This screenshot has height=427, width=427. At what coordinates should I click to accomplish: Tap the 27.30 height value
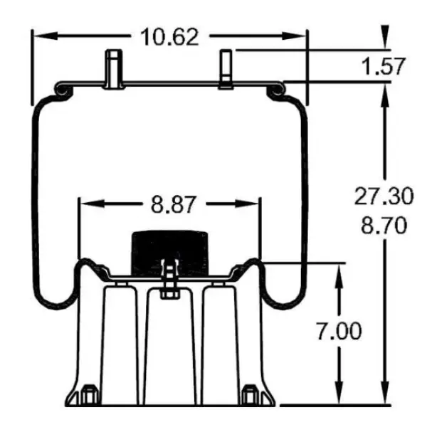380,196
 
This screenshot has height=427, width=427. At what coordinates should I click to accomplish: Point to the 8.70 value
380,226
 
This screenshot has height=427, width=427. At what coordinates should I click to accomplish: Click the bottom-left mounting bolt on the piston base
89,394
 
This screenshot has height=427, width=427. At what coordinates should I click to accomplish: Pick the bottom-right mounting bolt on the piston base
249,394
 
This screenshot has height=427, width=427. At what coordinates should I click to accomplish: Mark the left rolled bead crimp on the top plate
61,89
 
